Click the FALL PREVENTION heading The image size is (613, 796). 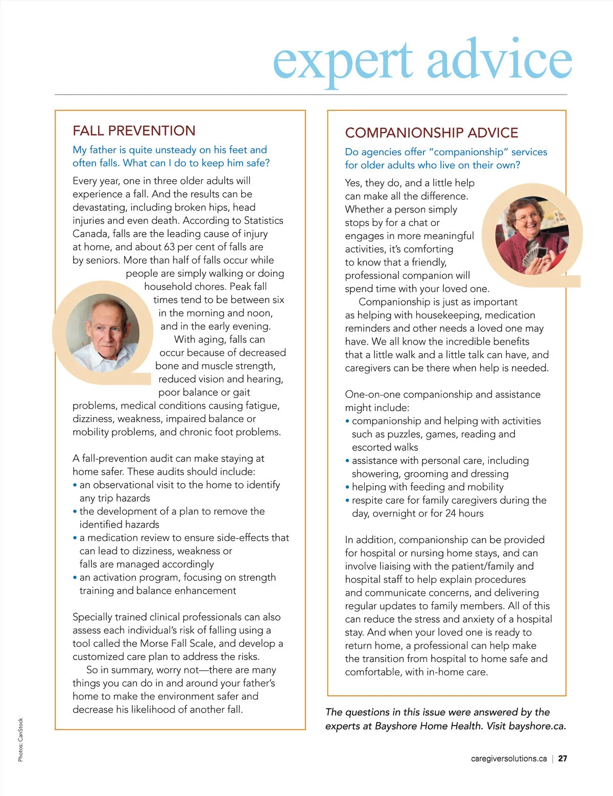(x=134, y=131)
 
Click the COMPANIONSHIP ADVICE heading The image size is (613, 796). (x=432, y=133)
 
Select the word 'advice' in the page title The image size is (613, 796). (x=499, y=59)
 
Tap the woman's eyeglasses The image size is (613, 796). (x=526, y=218)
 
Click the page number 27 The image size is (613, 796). (x=562, y=759)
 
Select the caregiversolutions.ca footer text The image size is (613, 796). (x=509, y=759)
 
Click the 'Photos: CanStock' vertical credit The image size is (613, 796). (x=20, y=740)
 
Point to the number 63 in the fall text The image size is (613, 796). (x=170, y=247)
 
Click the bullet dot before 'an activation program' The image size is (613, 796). (x=75, y=578)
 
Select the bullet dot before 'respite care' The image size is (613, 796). (x=347, y=501)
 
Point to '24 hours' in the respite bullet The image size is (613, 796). (x=464, y=513)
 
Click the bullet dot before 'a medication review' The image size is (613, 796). (x=75, y=538)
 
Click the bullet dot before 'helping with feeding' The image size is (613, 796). (x=347, y=487)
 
